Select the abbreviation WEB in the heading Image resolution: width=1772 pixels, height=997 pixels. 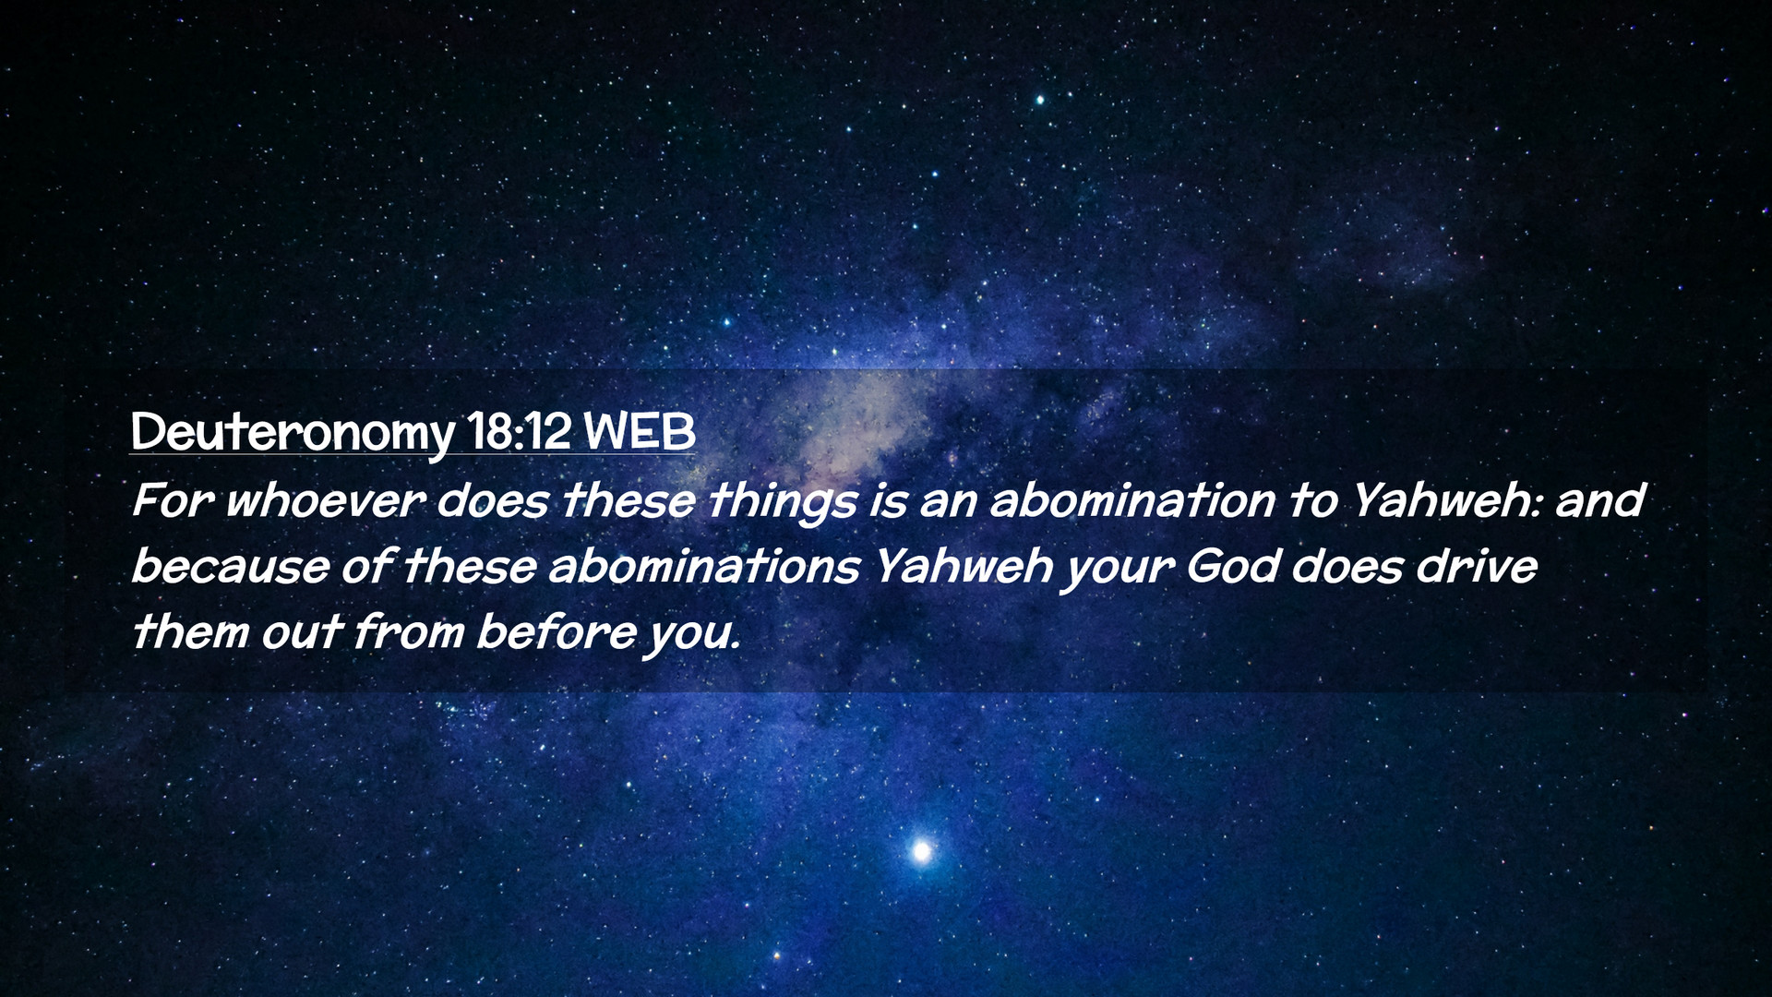(640, 430)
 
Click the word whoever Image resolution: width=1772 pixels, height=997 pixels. (325, 500)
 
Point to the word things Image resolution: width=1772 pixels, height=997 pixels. (782, 503)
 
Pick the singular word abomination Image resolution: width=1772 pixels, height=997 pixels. (1132, 499)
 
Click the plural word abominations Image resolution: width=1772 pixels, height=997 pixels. (704, 565)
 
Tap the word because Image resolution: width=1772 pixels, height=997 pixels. (230, 565)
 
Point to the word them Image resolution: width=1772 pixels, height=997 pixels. (189, 631)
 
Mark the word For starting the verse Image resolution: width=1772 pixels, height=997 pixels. (173, 500)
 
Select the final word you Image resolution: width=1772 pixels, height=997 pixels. (691, 636)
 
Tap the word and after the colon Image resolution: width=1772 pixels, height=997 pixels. (1599, 499)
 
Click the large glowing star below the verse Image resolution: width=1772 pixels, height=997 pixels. (921, 850)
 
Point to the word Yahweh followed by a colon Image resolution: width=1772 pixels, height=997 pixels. (1445, 499)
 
